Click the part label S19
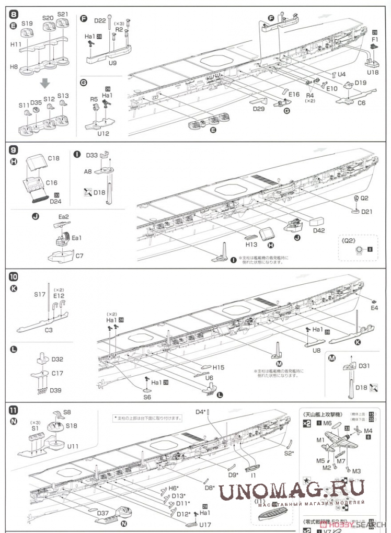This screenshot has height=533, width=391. click(27, 24)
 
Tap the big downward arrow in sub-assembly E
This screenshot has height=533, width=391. click(45, 83)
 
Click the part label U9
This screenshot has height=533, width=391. click(112, 63)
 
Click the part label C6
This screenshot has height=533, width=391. click(361, 103)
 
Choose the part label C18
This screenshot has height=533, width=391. click(54, 158)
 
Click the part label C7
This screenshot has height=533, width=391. click(79, 256)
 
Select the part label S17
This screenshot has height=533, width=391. click(40, 294)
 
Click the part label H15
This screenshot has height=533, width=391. click(218, 368)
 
